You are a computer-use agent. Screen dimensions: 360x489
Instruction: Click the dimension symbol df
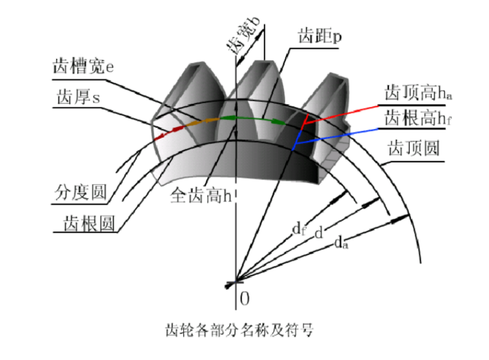(300, 228)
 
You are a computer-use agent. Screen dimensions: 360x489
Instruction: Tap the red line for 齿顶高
(340, 110)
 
